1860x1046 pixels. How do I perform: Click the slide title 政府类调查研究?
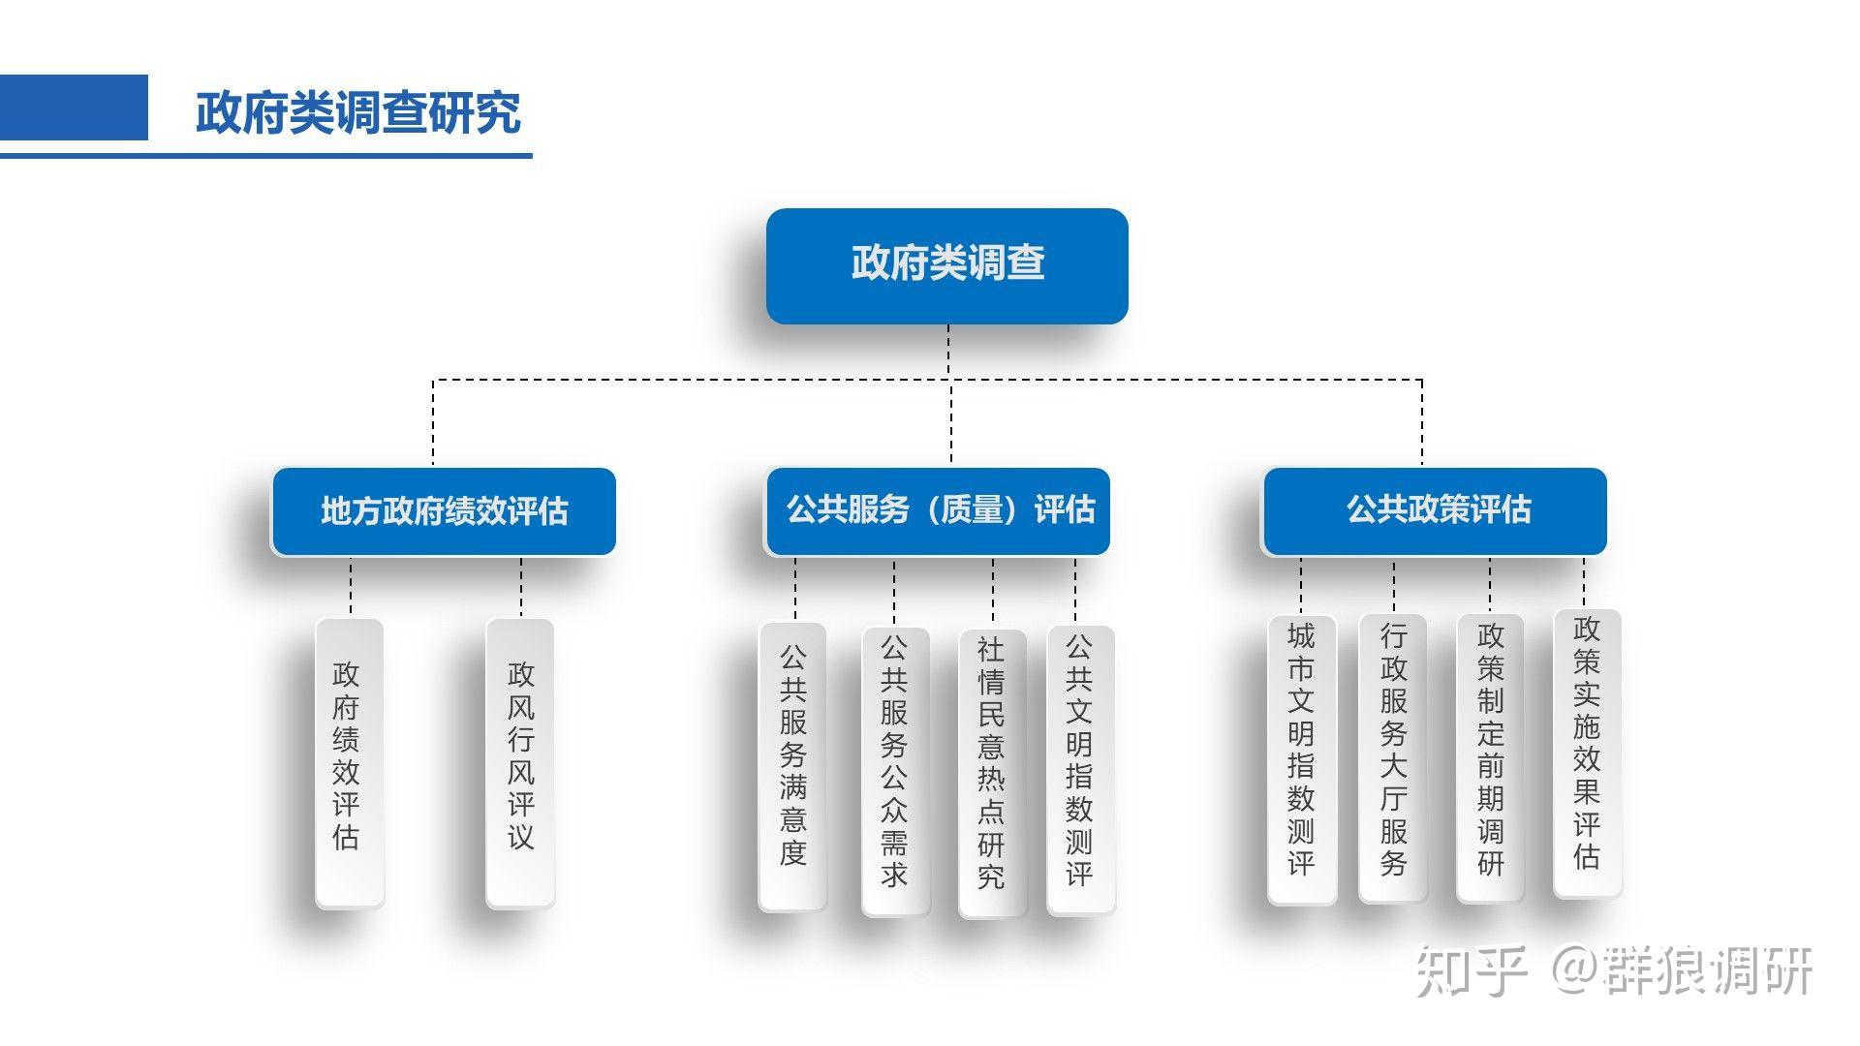coord(358,112)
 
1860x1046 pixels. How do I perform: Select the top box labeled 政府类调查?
coord(946,265)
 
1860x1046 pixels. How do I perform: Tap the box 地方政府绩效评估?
coord(444,511)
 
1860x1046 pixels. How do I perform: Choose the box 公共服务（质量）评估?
coord(938,510)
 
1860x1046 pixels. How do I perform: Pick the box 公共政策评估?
coord(1435,510)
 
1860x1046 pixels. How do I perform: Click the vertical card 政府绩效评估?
coord(349,762)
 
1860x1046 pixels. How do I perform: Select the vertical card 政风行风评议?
coord(520,762)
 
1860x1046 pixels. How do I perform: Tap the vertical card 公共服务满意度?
coord(792,766)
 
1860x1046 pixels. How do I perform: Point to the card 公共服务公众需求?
coord(895,770)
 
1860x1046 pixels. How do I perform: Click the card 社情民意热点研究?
coord(992,772)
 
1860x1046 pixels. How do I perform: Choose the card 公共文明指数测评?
coord(1079,769)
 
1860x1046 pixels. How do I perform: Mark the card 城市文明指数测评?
coord(1301,759)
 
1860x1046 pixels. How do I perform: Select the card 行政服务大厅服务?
coord(1393,757)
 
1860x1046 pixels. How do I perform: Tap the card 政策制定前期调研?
coord(1490,757)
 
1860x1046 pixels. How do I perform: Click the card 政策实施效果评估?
coord(1587,753)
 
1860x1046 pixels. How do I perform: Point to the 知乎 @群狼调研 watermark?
coord(1613,970)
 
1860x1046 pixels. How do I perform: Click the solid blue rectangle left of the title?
coord(74,108)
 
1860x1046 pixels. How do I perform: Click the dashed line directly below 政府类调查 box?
coord(947,351)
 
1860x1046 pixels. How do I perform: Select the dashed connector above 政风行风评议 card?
coord(521,587)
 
